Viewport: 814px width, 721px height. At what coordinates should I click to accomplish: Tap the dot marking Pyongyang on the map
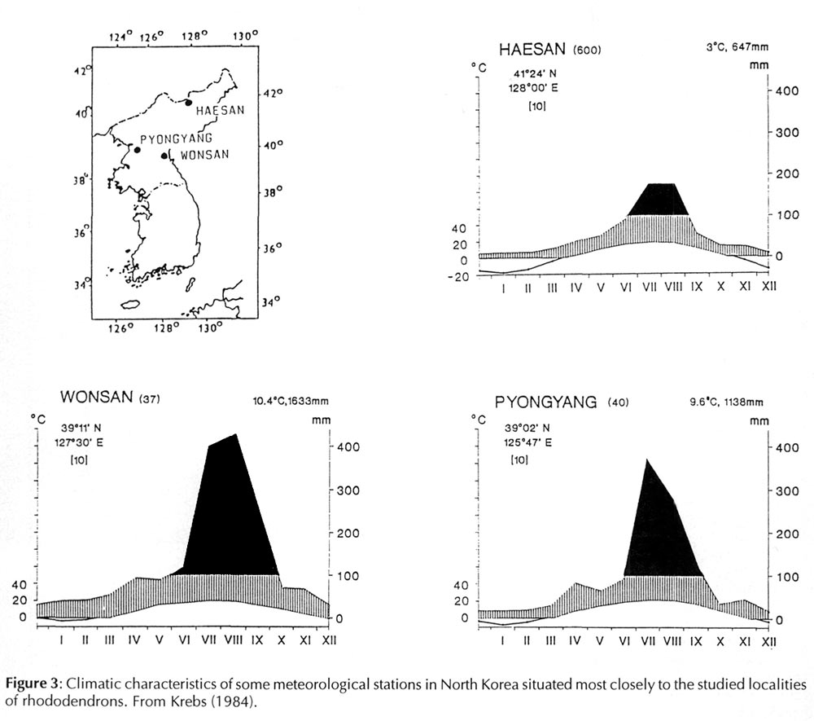click(138, 150)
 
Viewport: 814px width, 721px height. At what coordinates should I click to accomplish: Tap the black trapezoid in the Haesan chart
click(659, 200)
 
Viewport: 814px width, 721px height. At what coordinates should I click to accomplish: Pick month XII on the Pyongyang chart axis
click(768, 643)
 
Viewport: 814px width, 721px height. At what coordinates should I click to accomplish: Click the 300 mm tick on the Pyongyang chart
click(784, 491)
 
